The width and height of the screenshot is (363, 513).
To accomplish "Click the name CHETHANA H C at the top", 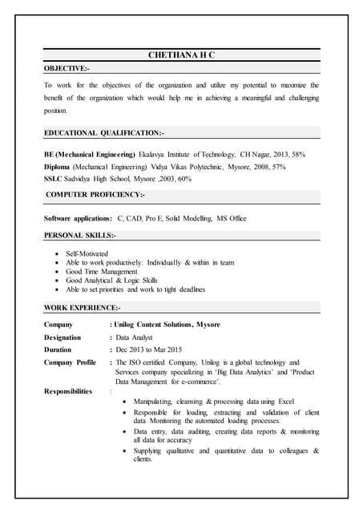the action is point(182,55).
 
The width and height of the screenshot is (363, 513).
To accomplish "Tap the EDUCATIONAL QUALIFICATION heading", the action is point(103,132).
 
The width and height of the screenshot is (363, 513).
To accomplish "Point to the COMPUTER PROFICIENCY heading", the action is point(95,195).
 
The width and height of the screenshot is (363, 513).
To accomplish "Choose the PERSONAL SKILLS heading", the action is point(79,235).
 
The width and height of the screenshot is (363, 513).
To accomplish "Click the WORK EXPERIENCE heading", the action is point(83,308).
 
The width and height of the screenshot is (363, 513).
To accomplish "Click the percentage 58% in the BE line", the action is point(296,153).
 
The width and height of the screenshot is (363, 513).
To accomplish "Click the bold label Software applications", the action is point(78,218).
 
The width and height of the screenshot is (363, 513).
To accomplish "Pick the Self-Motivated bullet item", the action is point(87,253).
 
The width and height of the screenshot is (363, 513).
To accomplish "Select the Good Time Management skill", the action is point(102,272).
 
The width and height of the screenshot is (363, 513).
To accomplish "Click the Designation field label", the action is point(63,337).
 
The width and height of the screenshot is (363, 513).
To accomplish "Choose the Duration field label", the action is point(58,349).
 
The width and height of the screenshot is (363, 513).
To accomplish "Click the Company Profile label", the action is point(70,362).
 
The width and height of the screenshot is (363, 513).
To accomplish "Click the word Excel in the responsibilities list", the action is point(286,400).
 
